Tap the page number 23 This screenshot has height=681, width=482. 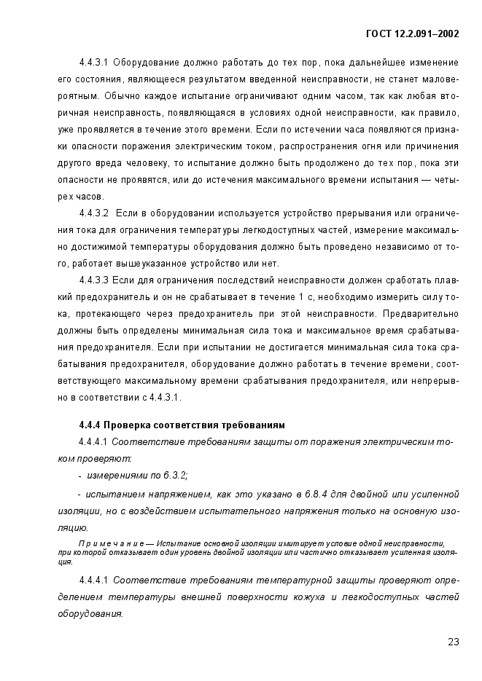pyautogui.click(x=454, y=642)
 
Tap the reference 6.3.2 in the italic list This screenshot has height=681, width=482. pyautogui.click(x=174, y=476)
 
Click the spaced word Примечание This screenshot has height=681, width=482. pyautogui.click(x=107, y=543)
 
